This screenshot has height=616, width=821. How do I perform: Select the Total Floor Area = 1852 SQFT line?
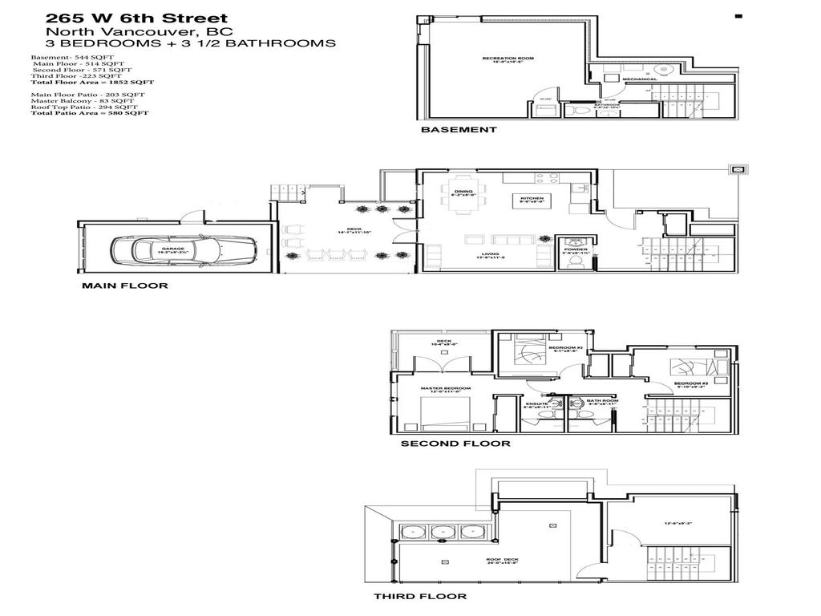pos(92,83)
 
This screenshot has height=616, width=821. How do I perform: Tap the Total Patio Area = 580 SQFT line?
pos(90,114)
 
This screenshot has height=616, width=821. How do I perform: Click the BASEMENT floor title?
pos(459,129)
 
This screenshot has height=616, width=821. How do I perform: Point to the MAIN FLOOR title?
pos(125,286)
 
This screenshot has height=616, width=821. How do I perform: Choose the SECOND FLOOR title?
pos(455,444)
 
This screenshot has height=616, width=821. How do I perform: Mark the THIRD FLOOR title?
pos(420,597)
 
